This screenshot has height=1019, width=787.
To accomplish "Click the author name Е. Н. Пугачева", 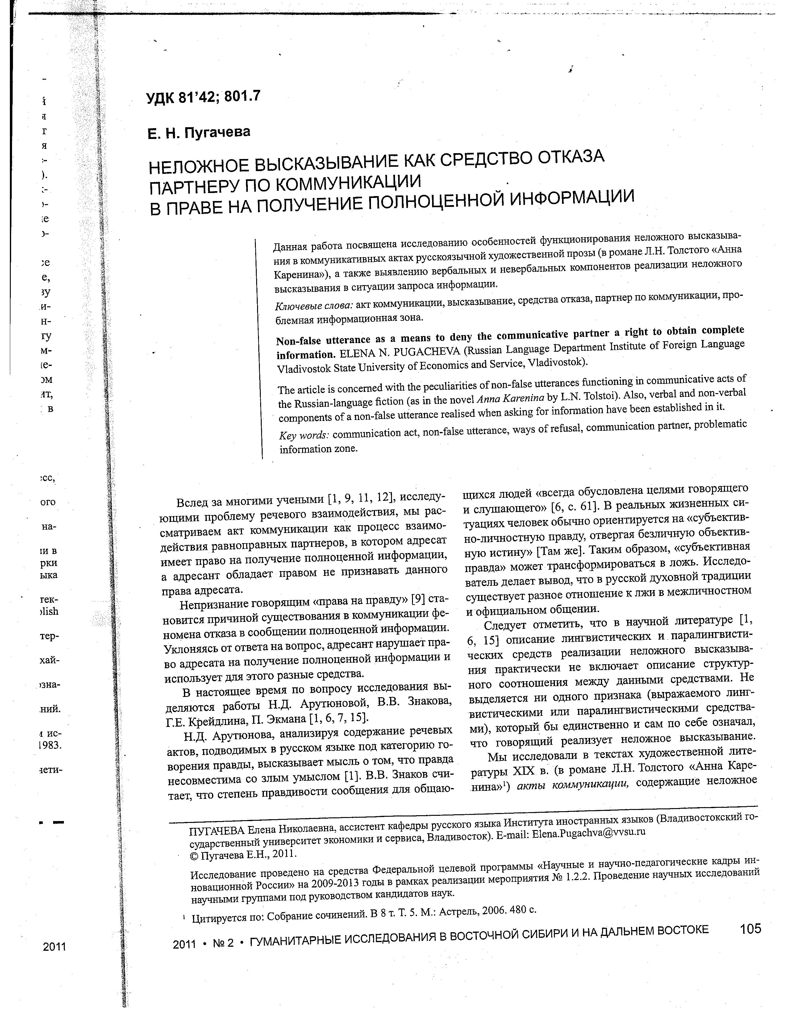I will click(x=199, y=133).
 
